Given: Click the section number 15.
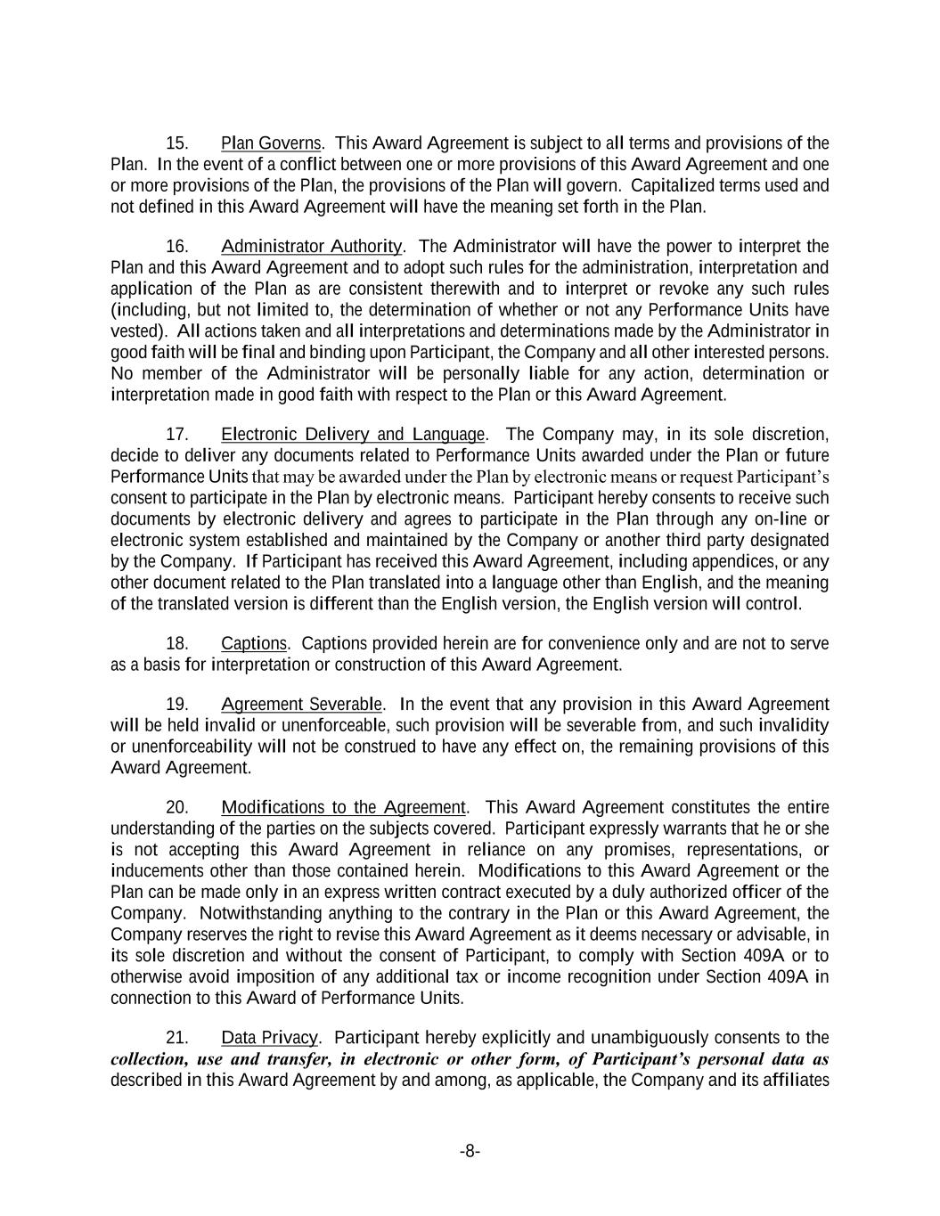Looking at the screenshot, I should pos(177,143).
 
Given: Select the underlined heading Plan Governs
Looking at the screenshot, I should pos(271,143).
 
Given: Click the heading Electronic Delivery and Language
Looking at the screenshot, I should pos(353,435).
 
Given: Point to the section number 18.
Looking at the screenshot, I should pos(177,643).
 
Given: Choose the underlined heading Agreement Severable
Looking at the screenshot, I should pos(302,705).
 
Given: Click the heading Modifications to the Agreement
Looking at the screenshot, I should pos(343,807).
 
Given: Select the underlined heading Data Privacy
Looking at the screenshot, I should pos(269,1038).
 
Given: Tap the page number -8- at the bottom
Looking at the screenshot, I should pos(470,1152).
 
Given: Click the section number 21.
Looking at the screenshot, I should pos(177,1038).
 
